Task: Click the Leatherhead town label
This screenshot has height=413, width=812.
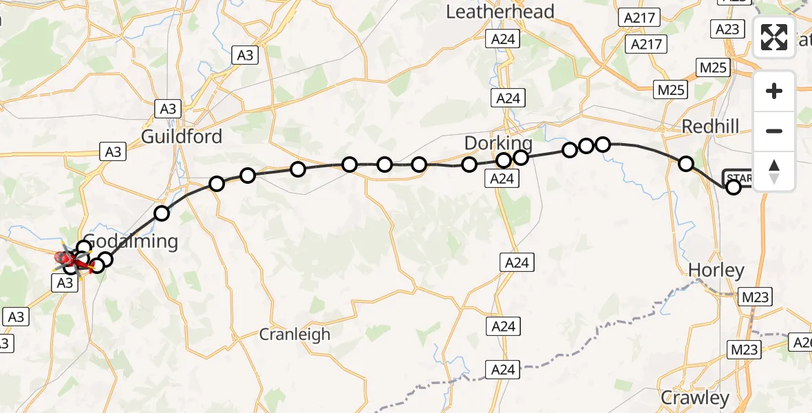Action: click(x=500, y=12)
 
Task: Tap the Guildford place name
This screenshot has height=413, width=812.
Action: click(x=182, y=136)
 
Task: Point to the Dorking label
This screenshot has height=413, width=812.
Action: click(x=498, y=143)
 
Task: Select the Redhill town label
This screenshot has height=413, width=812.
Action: click(x=709, y=126)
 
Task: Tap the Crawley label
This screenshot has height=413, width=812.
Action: click(x=694, y=398)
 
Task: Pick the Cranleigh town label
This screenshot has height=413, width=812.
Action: click(x=295, y=335)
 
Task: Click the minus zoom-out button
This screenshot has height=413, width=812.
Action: click(x=774, y=131)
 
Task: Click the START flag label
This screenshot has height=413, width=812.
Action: click(x=739, y=177)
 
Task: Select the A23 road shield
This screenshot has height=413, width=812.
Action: click(x=727, y=29)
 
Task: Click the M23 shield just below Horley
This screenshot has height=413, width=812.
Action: click(x=756, y=297)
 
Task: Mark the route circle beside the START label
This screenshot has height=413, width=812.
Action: click(x=734, y=187)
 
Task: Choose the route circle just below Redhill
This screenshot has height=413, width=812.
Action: click(x=685, y=164)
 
